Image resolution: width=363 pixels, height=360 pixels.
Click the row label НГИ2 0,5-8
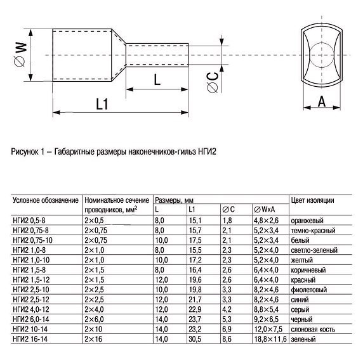coord(30,219)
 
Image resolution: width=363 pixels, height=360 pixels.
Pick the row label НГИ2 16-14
coord(30,341)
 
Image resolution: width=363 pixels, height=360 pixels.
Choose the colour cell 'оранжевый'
coord(308,219)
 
